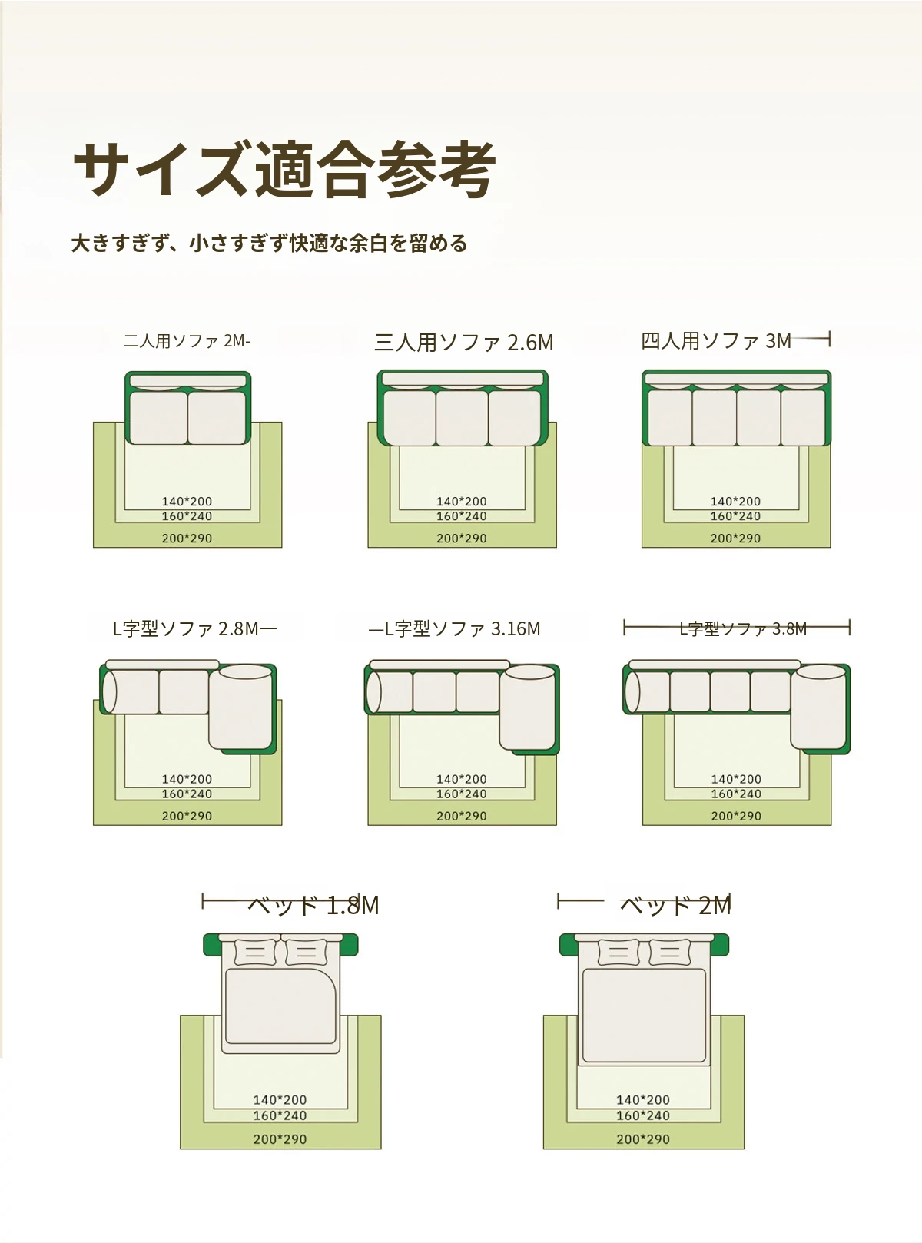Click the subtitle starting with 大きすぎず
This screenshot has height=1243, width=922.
click(269, 244)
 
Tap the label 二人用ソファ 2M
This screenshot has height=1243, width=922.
click(185, 341)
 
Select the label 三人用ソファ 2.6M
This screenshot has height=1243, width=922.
click(463, 343)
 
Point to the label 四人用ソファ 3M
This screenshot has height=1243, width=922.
click(716, 341)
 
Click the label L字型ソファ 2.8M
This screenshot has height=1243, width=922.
click(185, 628)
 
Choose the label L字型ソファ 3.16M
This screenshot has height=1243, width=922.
click(463, 628)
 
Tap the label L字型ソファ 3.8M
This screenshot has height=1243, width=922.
click(743, 628)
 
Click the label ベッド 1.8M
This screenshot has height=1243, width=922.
click(313, 906)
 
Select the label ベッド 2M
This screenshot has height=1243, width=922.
click(675, 906)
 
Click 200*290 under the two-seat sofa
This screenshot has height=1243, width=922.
click(187, 539)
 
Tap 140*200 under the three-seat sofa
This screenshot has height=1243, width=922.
click(462, 502)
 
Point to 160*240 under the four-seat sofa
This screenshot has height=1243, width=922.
click(735, 516)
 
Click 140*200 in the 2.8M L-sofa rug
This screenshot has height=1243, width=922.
click(187, 779)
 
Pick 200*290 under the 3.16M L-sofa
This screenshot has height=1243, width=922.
click(462, 816)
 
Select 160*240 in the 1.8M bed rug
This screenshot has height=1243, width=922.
click(280, 1115)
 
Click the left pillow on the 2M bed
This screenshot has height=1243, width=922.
click(619, 952)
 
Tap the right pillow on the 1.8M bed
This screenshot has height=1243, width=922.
click(306, 952)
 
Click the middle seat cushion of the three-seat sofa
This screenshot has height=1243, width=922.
click(462, 418)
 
